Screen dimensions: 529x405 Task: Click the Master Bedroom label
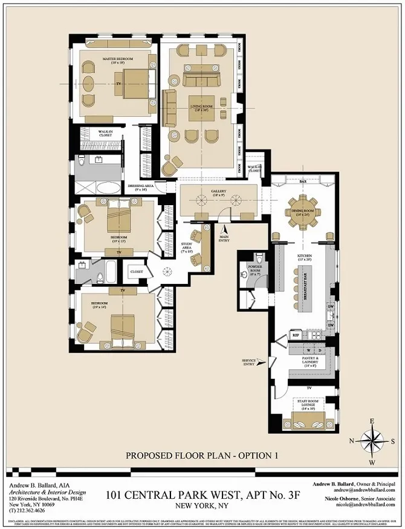(117, 59)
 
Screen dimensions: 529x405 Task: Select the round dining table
(300, 211)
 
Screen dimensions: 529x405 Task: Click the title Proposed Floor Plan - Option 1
(201, 455)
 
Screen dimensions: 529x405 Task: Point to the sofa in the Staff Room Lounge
(310, 421)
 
